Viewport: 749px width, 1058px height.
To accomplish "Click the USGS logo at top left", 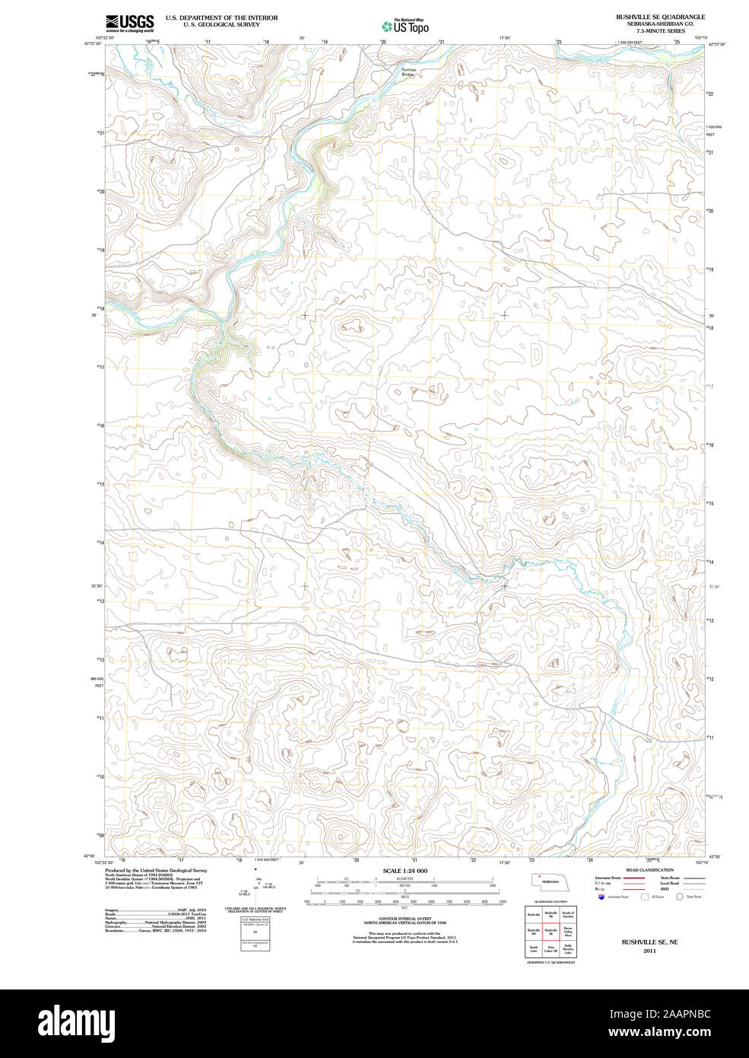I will pos(130,22).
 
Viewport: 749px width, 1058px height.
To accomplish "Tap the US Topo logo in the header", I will pos(405,26).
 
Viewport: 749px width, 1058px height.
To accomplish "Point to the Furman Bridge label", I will pos(408,72).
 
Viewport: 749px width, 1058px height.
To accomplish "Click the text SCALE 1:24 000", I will pos(405,871).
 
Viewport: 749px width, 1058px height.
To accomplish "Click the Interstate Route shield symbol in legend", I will pos(602,897).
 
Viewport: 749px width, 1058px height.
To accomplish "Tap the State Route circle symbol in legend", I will pos(680,897).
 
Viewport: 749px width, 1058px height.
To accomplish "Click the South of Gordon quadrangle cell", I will pos(567,914).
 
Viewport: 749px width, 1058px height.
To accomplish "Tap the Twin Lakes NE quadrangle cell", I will pos(551,948).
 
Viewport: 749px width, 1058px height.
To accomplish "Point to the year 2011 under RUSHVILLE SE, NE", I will pos(649,951).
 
